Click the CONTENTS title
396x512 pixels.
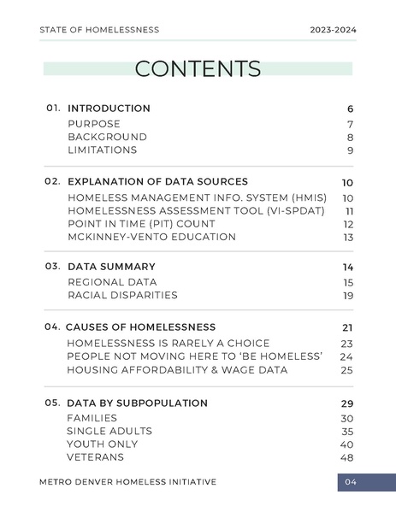[198, 68]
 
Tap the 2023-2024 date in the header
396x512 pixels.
[334, 30]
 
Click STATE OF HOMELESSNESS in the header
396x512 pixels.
[99, 30]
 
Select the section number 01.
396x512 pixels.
[53, 109]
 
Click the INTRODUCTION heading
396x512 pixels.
[109, 109]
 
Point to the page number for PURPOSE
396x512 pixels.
[350, 124]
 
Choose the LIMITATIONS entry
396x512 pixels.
[102, 150]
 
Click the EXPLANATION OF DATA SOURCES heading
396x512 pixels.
[157, 181]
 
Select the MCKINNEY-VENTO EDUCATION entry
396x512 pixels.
[151, 237]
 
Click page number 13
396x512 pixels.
[348, 238]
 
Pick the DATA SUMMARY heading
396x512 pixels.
[111, 267]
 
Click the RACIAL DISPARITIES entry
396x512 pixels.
[122, 296]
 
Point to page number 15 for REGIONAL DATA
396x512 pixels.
[348, 283]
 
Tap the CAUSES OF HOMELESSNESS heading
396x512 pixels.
[140, 327]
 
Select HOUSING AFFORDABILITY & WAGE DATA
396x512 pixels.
[177, 370]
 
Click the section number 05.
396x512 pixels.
[53, 403]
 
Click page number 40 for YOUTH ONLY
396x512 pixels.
[346, 444]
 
